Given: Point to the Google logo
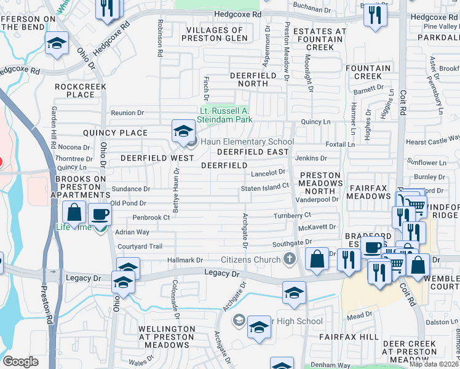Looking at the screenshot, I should click(x=20, y=362).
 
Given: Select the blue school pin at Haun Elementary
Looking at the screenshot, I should click(x=183, y=131).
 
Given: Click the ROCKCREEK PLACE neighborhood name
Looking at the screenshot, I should click(x=80, y=90).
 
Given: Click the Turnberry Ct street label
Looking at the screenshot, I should click(x=292, y=215).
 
